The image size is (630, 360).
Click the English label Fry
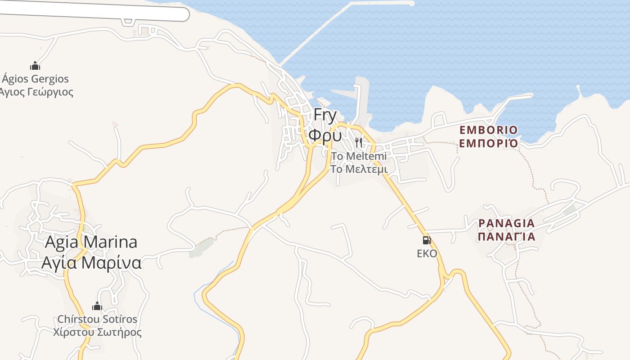(x=325, y=115)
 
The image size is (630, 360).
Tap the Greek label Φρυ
(x=325, y=135)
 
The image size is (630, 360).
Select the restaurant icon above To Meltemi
(x=359, y=143)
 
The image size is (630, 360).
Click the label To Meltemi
(x=359, y=156)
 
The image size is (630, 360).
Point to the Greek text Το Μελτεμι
(x=359, y=169)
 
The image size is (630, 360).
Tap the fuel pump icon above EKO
(x=427, y=240)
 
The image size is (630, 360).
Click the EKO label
(x=427, y=253)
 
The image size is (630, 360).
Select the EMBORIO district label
(x=488, y=130)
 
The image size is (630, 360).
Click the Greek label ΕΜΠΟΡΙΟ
(x=488, y=144)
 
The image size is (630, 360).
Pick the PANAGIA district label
(x=506, y=223)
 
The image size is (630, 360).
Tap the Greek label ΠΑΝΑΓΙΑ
(x=506, y=237)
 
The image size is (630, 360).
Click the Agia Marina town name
(x=91, y=243)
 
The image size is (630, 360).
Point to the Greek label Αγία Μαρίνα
(x=91, y=263)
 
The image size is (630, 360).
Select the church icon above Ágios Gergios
(x=35, y=66)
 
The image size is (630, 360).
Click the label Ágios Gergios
(x=36, y=79)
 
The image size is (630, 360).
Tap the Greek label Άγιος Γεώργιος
(x=36, y=92)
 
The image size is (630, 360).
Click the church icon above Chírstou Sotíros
(x=97, y=306)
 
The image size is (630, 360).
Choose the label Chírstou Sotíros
(x=97, y=319)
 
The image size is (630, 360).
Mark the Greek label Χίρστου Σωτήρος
(x=97, y=333)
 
